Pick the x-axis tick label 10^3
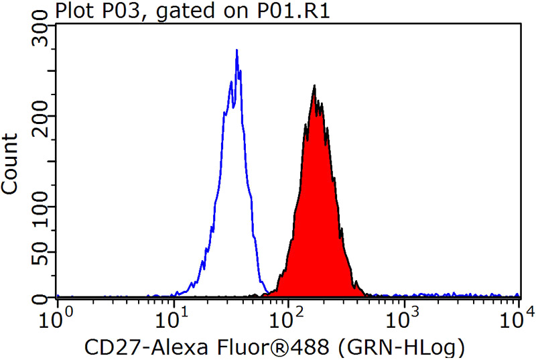point(406,314)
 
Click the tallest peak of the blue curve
point(237,50)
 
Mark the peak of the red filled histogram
point(314,86)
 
